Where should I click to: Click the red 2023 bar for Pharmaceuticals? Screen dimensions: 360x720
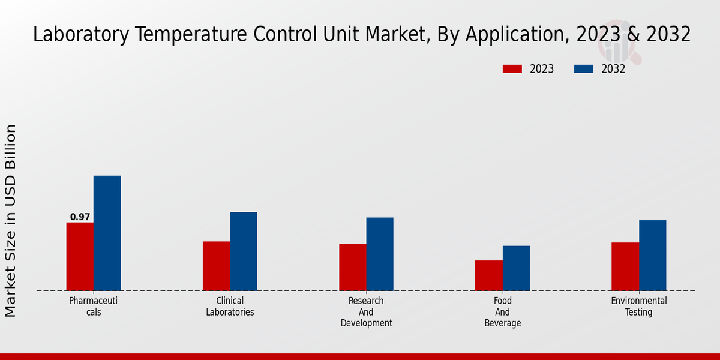80,257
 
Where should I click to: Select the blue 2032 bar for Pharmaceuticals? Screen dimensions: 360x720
107,233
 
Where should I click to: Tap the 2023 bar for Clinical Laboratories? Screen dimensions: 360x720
216,266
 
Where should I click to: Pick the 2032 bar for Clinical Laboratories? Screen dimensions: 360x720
243,251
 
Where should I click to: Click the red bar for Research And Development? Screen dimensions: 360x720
352,267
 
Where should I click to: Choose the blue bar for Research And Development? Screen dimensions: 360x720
380,254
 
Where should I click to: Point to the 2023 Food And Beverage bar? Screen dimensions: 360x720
488,275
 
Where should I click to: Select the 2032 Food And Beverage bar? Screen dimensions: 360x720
516,268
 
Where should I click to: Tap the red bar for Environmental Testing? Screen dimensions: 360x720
625,266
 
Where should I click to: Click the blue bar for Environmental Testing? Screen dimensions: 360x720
652,255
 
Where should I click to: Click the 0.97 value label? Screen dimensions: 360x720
80,217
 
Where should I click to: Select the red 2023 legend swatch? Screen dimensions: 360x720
512,69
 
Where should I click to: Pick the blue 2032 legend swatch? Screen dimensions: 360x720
583,69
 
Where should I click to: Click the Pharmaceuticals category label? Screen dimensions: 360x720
94,306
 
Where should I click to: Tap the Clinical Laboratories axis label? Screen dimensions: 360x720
230,306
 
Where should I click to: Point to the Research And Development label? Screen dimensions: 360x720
366,311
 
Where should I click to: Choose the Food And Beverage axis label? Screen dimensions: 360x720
502,311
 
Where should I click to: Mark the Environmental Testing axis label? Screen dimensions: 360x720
638,306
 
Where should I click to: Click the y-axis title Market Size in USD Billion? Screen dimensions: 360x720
11,220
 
